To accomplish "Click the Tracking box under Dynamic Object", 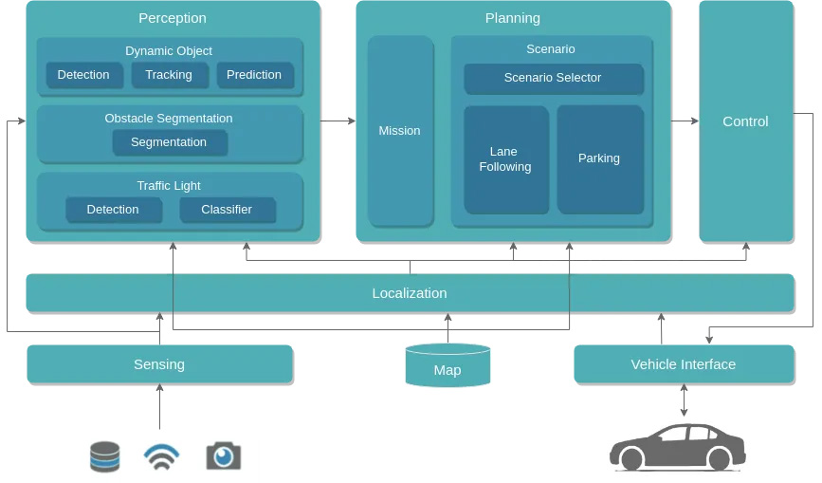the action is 170,75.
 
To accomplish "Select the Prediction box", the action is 255,75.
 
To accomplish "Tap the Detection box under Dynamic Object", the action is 84,75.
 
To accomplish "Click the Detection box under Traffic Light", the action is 114,210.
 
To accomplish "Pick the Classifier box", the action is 228,210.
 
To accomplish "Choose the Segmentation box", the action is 170,142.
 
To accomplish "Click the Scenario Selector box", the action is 554,79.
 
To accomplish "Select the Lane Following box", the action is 506,159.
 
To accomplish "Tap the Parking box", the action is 600,159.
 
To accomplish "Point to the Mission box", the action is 400,131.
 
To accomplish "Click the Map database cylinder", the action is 448,365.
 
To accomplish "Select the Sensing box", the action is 160,364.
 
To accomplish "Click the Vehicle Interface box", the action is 685,364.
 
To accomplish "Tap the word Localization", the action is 410,293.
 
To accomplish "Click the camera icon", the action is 224,455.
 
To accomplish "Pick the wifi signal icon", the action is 161,456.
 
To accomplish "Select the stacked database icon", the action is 105,456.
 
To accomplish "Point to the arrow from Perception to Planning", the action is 338,121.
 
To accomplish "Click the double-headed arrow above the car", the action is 685,400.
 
